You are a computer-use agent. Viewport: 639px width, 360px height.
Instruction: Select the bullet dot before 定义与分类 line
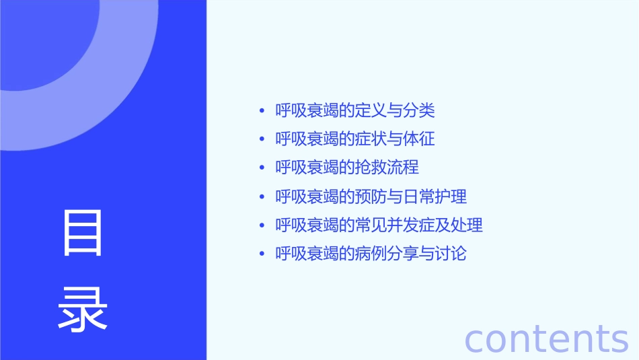(262, 110)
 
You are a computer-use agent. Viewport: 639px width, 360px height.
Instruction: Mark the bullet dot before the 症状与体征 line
(262, 139)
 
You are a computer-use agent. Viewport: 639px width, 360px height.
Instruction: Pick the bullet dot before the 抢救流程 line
(262, 168)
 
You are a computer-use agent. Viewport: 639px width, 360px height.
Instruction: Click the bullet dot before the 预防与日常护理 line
(262, 196)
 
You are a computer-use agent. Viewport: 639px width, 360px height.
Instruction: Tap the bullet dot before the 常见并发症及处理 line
(262, 225)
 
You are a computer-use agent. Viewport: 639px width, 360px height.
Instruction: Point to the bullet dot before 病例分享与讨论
(262, 254)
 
